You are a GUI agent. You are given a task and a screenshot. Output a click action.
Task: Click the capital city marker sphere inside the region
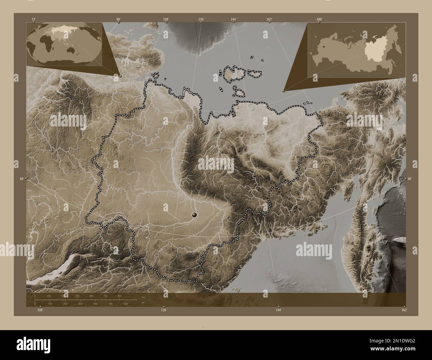(194, 216)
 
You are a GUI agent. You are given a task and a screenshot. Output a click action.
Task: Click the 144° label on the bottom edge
(278, 310)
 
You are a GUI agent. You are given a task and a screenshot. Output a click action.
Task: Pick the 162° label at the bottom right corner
(404, 310)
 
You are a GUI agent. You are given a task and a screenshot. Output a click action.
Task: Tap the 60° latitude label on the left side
(22, 179)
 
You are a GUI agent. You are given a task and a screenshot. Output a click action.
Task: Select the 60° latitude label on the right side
(410, 179)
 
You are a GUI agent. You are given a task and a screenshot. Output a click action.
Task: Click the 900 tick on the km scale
(119, 296)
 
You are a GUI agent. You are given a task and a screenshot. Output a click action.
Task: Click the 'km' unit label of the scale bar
(143, 297)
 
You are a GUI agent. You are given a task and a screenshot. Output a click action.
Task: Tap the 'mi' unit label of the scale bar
(143, 303)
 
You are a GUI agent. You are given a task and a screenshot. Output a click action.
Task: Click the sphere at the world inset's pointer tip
(120, 76)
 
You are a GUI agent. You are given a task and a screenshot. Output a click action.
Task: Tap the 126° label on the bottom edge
(164, 310)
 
